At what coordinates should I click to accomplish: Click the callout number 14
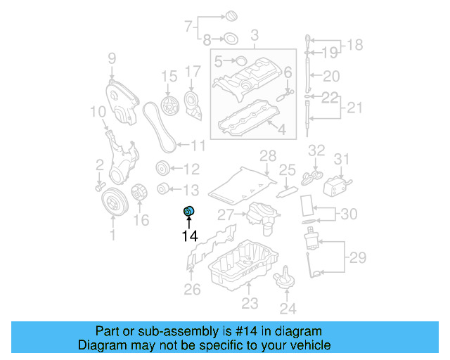coord(190,236)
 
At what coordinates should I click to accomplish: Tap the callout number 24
coord(288,308)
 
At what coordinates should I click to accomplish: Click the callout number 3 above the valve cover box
coord(255,34)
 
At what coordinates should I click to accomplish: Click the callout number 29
coord(358,258)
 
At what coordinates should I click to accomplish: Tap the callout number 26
coord(192,289)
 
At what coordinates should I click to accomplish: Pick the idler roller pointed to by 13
coord(163,188)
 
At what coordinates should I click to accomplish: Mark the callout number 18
coord(356,46)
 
